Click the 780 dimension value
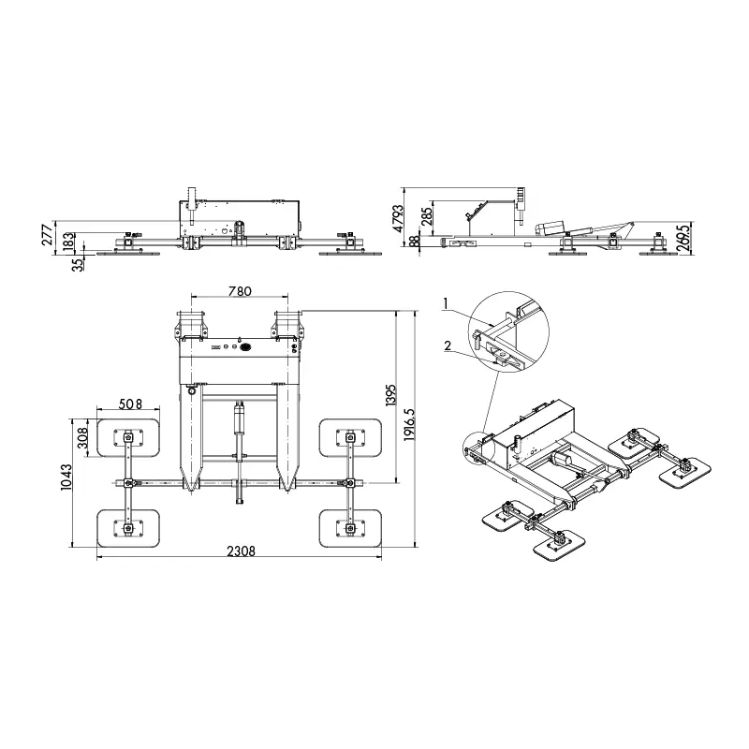[240, 291]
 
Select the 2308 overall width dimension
[242, 551]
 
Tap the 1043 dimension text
[66, 477]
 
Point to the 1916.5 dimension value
[409, 425]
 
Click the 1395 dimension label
[391, 394]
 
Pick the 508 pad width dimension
[130, 404]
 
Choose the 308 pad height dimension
[82, 437]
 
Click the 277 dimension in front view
[48, 236]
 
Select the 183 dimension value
[68, 243]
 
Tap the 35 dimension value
[78, 264]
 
